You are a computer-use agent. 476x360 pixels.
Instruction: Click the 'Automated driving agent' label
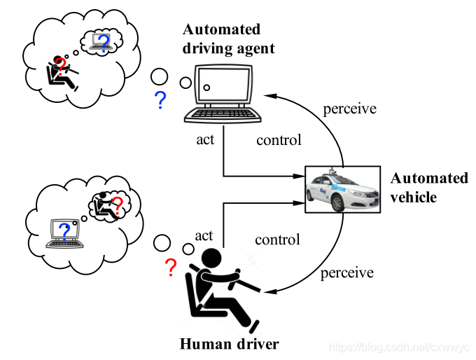[x=228, y=39]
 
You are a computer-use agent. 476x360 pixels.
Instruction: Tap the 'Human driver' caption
[x=230, y=344]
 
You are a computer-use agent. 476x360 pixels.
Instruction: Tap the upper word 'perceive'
[x=349, y=109]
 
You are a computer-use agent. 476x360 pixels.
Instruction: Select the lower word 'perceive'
[x=347, y=272]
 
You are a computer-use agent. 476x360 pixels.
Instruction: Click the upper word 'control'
[x=279, y=140]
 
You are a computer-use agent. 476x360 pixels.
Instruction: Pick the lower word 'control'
[x=277, y=240]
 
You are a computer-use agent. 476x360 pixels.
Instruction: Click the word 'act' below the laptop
[x=205, y=139]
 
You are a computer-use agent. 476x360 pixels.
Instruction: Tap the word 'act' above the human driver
[x=204, y=236]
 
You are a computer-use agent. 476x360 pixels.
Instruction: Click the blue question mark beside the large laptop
[x=160, y=102]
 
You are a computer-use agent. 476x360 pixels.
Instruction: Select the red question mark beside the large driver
[x=169, y=267]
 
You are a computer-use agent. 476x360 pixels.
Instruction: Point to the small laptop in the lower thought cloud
[x=64, y=234]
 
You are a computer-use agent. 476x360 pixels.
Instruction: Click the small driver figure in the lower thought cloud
[x=107, y=205]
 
